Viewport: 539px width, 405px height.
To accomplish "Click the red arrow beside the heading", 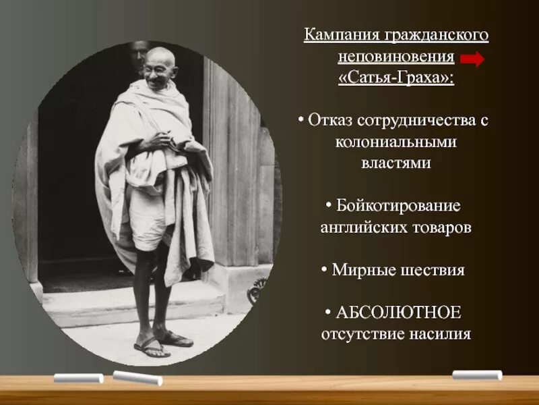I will click(473, 59).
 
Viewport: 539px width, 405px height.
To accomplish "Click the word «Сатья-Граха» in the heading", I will click(395, 78).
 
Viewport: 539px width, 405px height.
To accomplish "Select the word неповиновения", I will click(396, 56).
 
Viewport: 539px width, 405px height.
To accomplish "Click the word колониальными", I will click(396, 142).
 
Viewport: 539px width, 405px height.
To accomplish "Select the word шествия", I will click(432, 270).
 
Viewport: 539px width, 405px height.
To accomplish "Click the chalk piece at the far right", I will click(477, 375).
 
